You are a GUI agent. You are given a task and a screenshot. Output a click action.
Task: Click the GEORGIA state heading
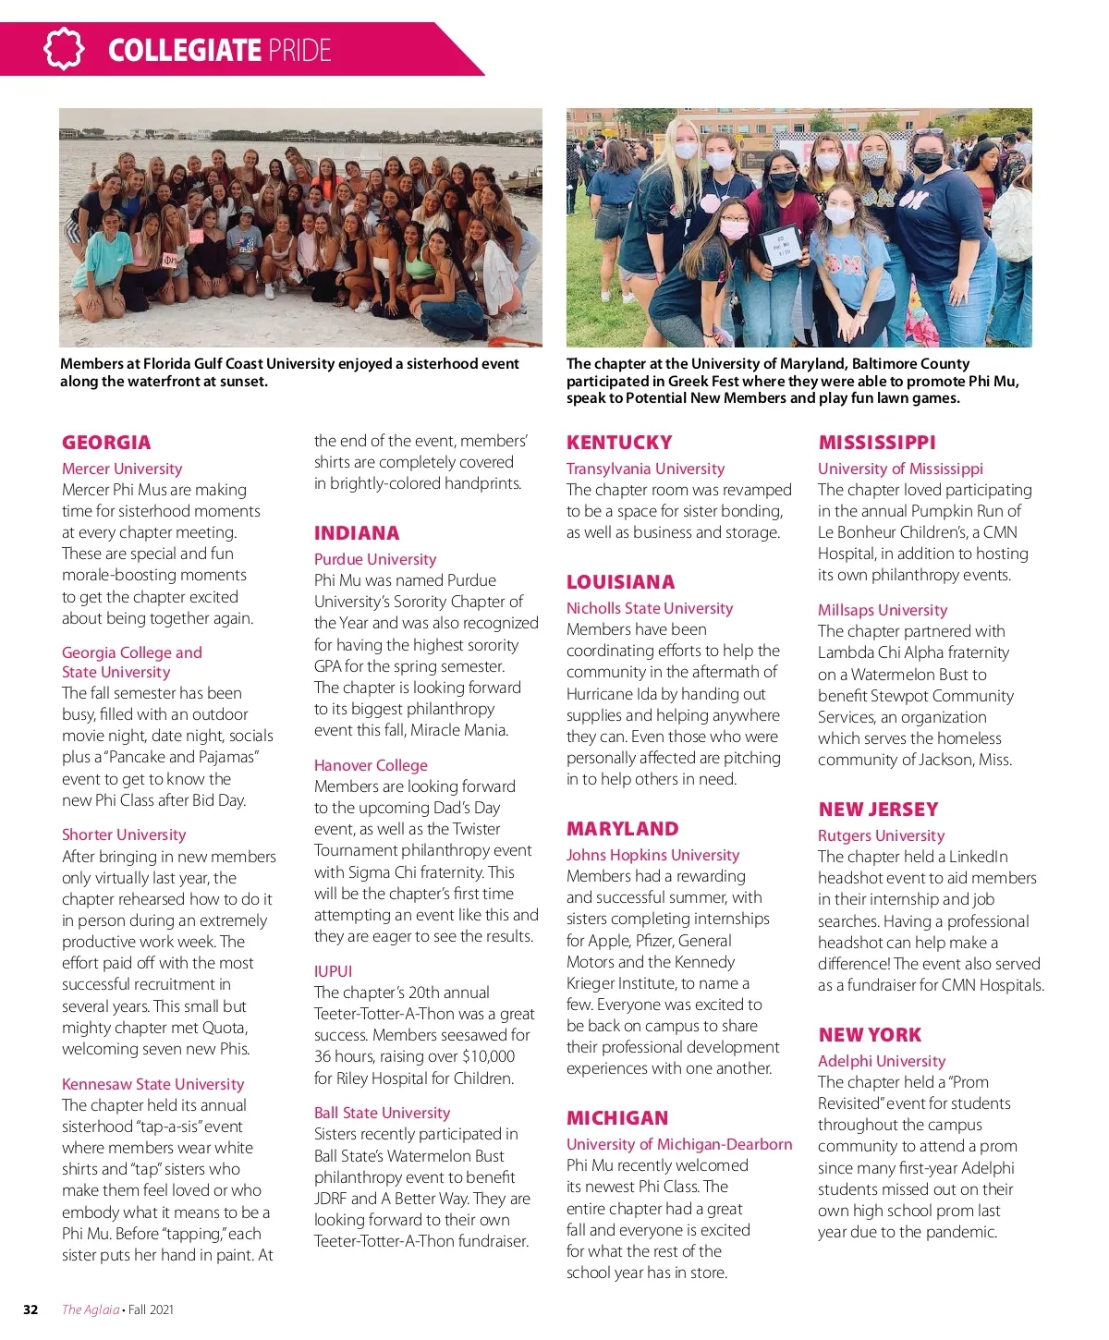106,443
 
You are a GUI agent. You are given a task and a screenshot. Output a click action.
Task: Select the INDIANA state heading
357,533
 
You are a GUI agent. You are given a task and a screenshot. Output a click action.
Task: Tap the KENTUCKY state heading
619,443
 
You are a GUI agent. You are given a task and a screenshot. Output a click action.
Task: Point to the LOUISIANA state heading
620,582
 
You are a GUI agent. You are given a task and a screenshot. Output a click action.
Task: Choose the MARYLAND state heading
622,829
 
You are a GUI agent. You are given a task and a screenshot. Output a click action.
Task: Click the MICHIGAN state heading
617,1118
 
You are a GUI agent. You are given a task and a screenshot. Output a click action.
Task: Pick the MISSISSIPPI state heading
877,443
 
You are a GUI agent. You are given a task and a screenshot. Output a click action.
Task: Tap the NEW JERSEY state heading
878,810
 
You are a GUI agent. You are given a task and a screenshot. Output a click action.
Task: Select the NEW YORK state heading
870,1035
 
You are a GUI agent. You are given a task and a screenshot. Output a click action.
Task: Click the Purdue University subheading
375,559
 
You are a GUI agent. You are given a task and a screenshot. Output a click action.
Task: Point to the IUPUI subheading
333,971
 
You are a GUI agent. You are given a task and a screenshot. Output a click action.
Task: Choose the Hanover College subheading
371,765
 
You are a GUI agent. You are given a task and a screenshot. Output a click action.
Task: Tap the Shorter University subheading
124,834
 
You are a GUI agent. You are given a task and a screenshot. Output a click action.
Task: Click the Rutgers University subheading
881,835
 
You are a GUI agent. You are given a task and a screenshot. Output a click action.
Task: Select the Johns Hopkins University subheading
652,855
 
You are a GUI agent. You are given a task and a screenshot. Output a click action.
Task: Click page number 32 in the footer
30,1310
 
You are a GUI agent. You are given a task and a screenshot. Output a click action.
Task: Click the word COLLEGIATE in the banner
184,50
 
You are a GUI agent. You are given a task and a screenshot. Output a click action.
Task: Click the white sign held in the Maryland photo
779,247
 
